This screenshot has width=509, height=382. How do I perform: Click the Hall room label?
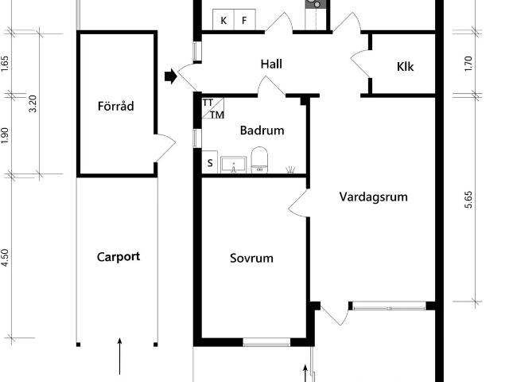coord(271,64)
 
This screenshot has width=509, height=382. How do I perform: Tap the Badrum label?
coord(262,131)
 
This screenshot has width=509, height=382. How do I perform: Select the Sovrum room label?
coord(251,258)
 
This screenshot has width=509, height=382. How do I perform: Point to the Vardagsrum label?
coord(373,197)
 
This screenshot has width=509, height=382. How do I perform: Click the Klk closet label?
coord(405,67)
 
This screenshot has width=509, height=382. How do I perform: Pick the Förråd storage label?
coord(116,106)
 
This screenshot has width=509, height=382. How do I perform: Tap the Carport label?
coord(119,257)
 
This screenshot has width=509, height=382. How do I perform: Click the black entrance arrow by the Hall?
coord(171,76)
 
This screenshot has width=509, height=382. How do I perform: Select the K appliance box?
coord(223,20)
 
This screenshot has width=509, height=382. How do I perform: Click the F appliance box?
coord(244,20)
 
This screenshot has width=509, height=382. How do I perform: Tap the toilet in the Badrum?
coord(259,160)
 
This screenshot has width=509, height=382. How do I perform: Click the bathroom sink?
coord(233,165)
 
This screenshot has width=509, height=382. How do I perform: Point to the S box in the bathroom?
coord(210,162)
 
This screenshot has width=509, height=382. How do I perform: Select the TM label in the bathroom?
coord(217,115)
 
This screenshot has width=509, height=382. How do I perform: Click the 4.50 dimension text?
coord(6,258)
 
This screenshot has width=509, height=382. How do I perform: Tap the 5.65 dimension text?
coord(468,200)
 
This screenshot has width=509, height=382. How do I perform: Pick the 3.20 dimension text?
coord(33,103)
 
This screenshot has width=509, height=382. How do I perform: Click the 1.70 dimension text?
coord(468,64)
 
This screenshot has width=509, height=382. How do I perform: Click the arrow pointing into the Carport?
coord(120,357)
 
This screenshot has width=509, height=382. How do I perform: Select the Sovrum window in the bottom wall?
coord(266,342)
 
